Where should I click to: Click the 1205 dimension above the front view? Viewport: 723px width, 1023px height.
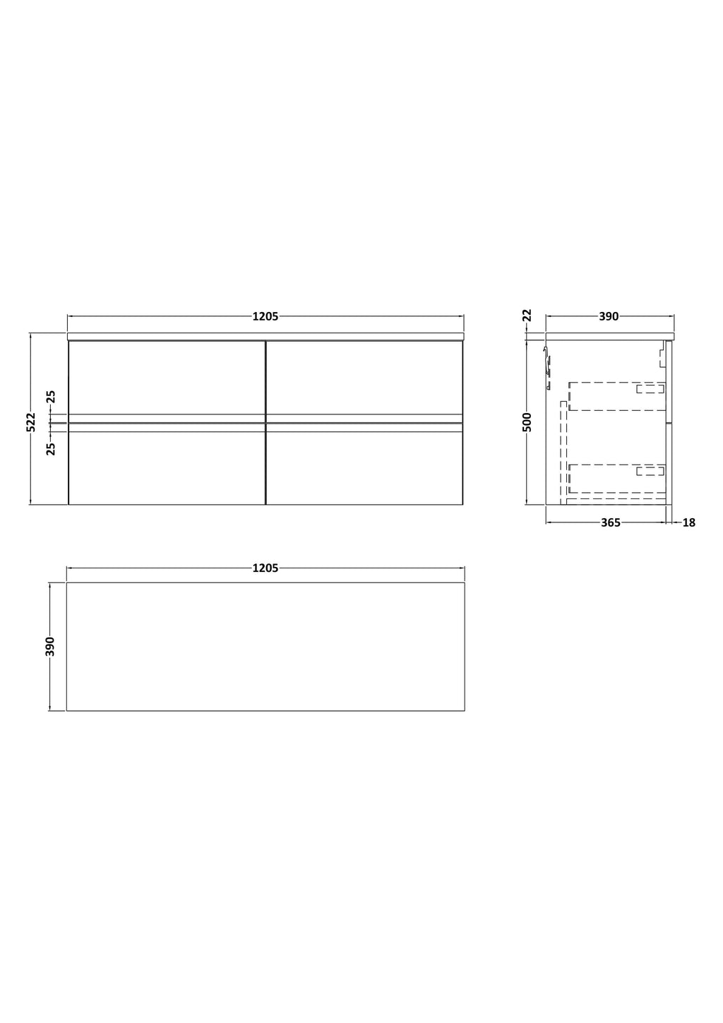[265, 316]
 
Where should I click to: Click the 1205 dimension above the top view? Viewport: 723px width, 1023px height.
[265, 568]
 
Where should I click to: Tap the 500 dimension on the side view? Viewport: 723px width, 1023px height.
[527, 422]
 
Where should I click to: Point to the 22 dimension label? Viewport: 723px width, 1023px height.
[527, 315]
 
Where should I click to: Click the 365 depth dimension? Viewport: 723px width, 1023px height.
[611, 522]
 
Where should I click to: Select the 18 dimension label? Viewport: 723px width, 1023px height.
[688, 522]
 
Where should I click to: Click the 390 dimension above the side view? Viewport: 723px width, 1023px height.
[609, 316]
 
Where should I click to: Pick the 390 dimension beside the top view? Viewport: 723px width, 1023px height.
[50, 646]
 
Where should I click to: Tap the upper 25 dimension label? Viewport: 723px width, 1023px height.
[51, 396]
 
